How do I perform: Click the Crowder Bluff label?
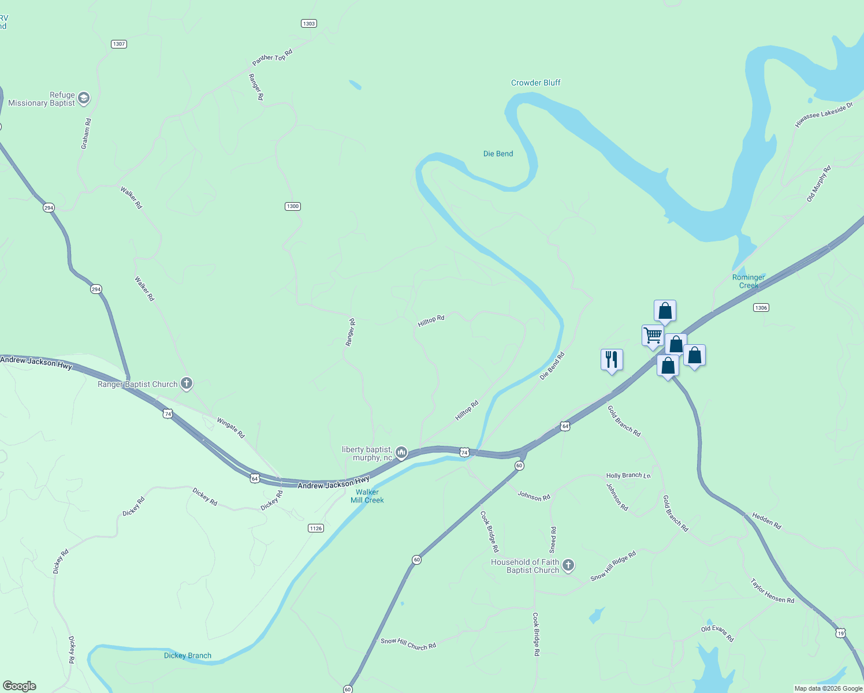coord(535,83)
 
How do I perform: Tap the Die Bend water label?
coord(498,154)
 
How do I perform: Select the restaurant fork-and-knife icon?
coord(612,360)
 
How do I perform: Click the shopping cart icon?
coord(653,335)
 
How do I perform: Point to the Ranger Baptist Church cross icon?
coord(186,383)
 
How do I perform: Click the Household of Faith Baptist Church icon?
coord(568,565)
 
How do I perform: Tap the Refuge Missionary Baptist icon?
coord(84,98)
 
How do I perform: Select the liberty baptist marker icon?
coord(401,452)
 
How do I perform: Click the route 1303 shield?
coord(309,23)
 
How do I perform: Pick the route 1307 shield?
coord(119,44)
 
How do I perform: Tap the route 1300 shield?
coord(293,206)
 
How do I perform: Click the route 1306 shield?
coord(761,308)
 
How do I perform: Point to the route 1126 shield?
coord(316,528)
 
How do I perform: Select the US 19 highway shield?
coord(840,634)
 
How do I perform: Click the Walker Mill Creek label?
coord(367,496)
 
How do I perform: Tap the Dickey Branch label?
coord(188,655)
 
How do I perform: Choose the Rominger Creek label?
coord(748,281)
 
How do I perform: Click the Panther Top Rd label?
coord(273,57)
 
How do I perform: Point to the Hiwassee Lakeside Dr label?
coord(824,115)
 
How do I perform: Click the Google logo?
coord(20,685)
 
